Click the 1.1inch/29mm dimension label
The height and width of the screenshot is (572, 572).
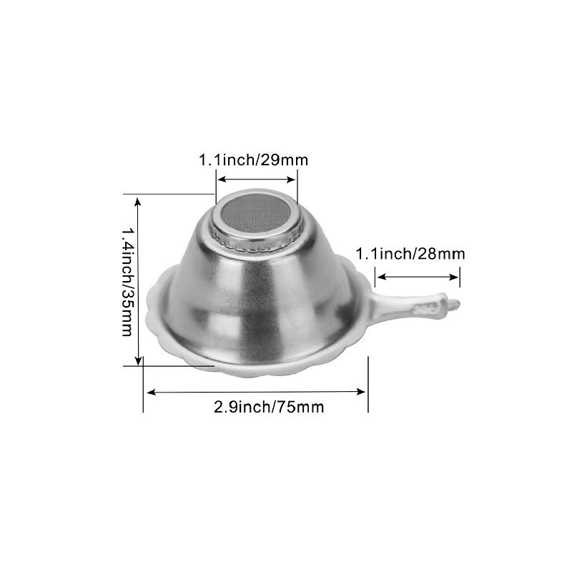[254, 159]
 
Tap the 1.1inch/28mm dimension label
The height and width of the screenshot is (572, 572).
[410, 254]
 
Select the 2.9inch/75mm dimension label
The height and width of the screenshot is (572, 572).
[269, 407]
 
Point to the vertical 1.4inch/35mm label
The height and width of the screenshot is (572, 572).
[127, 282]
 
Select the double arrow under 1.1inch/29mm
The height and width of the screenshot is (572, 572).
[256, 179]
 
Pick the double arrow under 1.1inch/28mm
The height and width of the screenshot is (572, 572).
[418, 277]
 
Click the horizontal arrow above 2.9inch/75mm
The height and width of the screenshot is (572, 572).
[256, 392]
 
